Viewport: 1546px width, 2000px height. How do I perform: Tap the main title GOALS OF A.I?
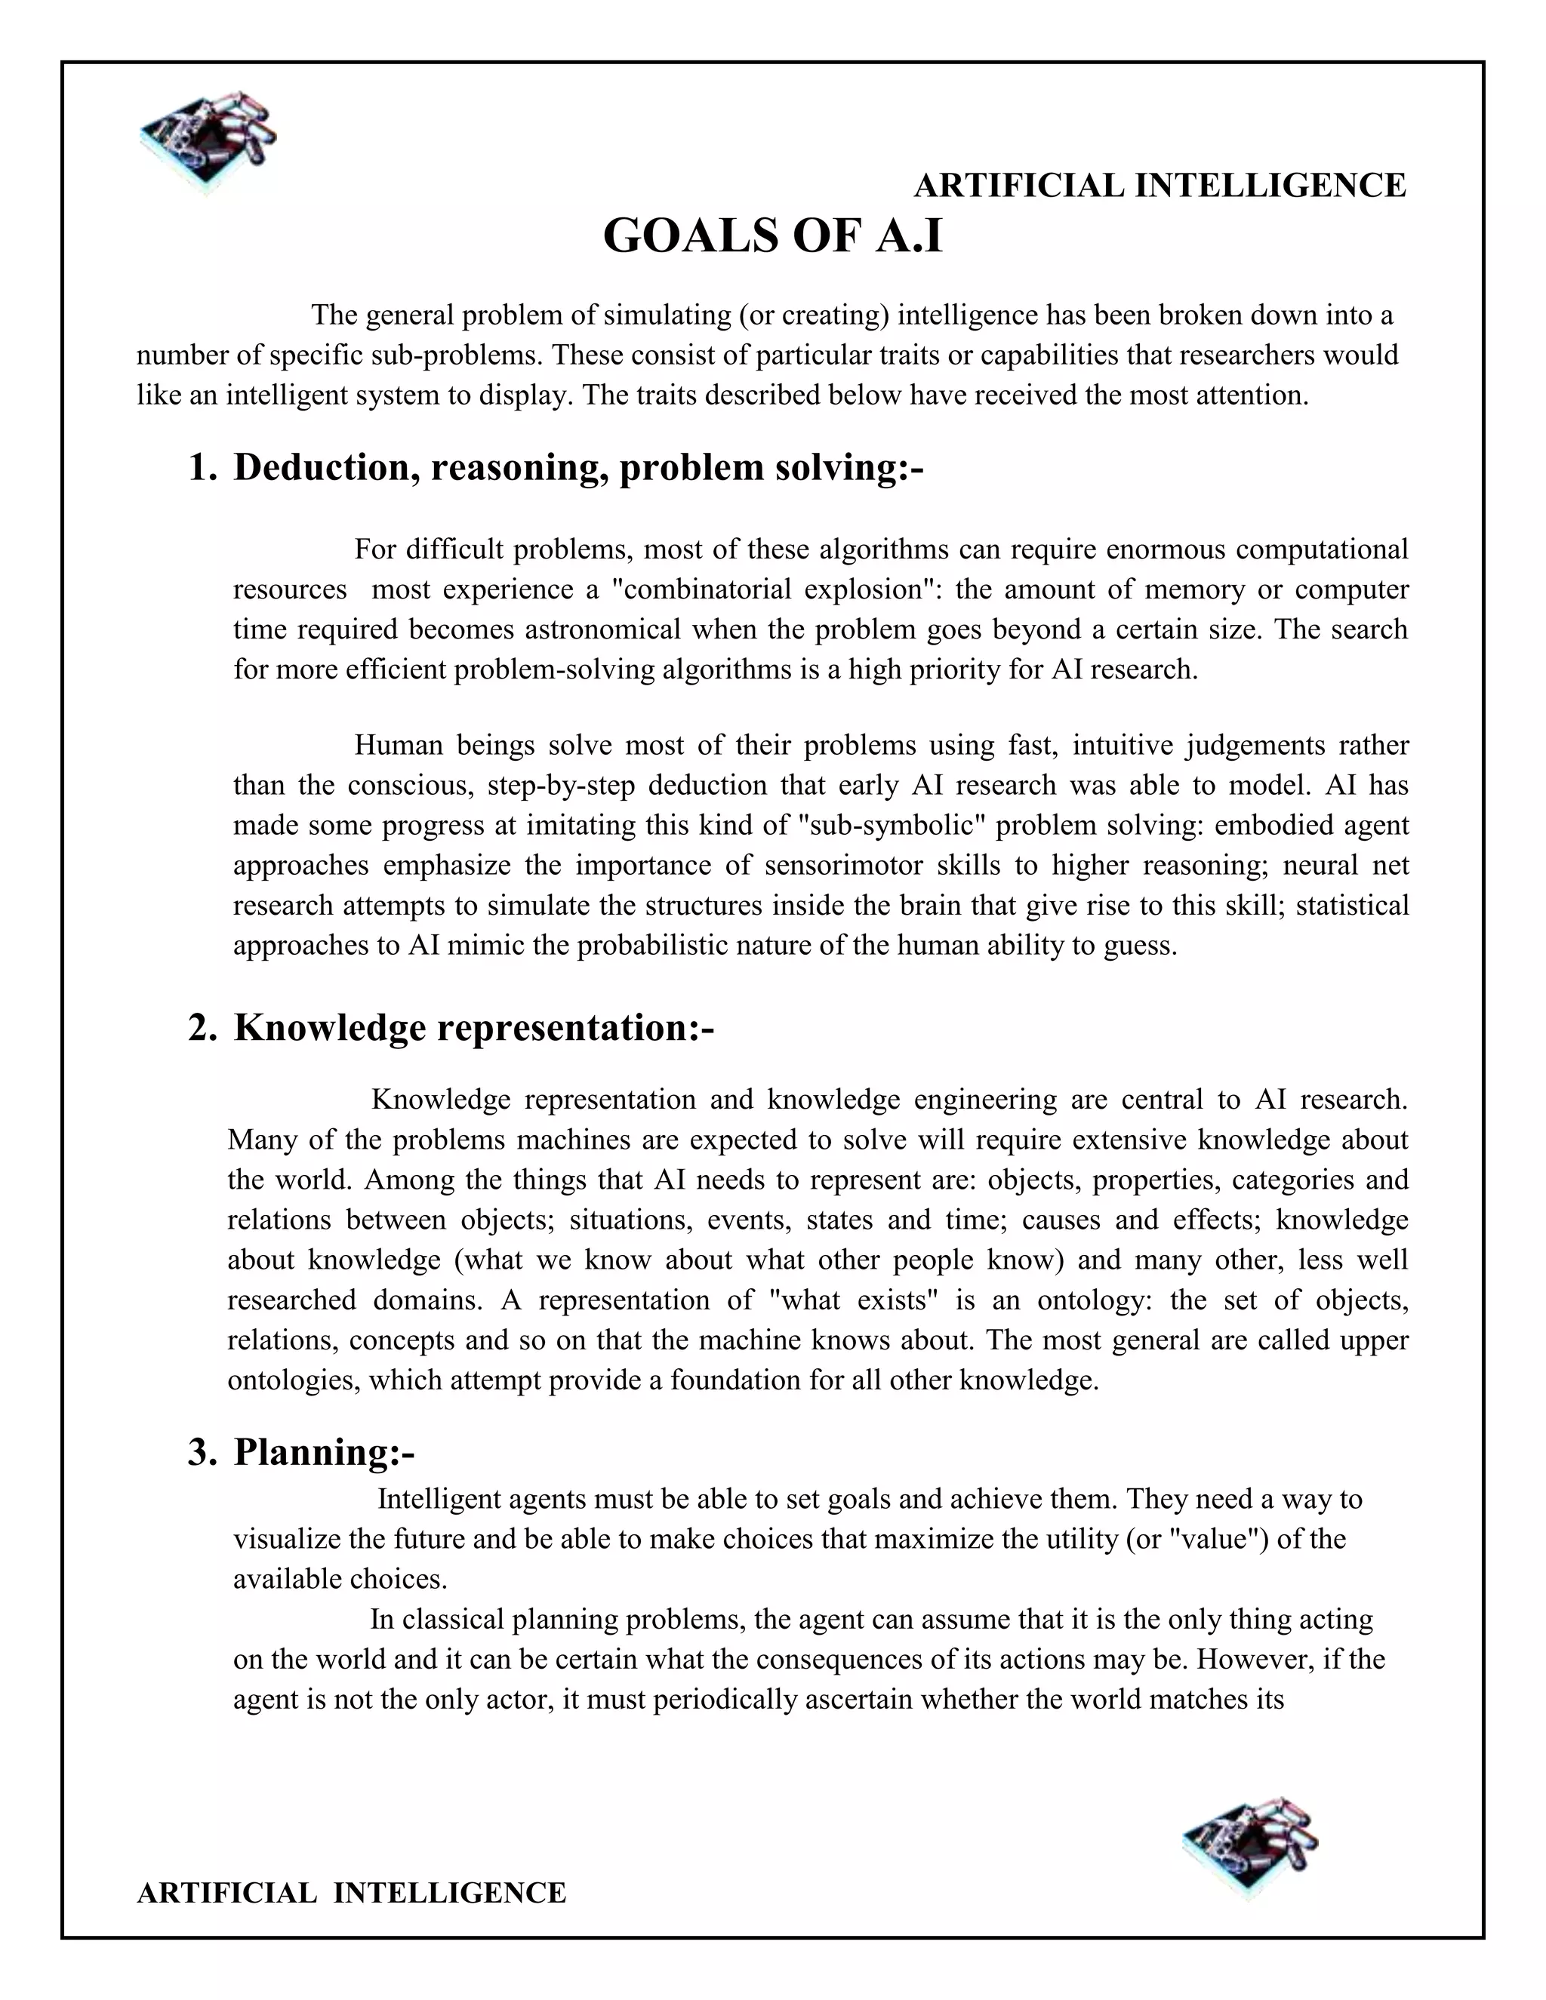[x=772, y=236]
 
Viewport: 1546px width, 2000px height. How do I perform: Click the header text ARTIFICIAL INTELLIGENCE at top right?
[x=1159, y=186]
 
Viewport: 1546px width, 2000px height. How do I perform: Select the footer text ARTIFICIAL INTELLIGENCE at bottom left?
[x=351, y=1892]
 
